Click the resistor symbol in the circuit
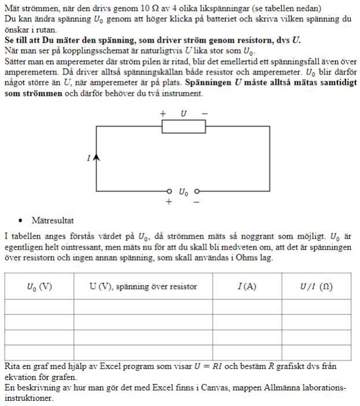pyautogui.click(x=183, y=126)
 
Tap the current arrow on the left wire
pyautogui.click(x=96, y=157)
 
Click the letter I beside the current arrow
pyautogui.click(x=88, y=158)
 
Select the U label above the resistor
pyautogui.click(x=183, y=114)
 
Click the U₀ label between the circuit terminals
pyautogui.click(x=183, y=192)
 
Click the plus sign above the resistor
pyautogui.click(x=163, y=114)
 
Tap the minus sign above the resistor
pyautogui.click(x=204, y=114)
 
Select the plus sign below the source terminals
pyautogui.click(x=169, y=202)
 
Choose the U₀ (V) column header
pyautogui.click(x=39, y=286)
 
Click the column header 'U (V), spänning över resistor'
pyautogui.click(x=143, y=286)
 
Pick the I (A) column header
pyautogui.click(x=247, y=286)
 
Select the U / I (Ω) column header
pyautogui.click(x=316, y=286)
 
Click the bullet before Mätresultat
pyautogui.click(x=21, y=221)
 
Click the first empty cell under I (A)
pyautogui.click(x=247, y=306)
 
